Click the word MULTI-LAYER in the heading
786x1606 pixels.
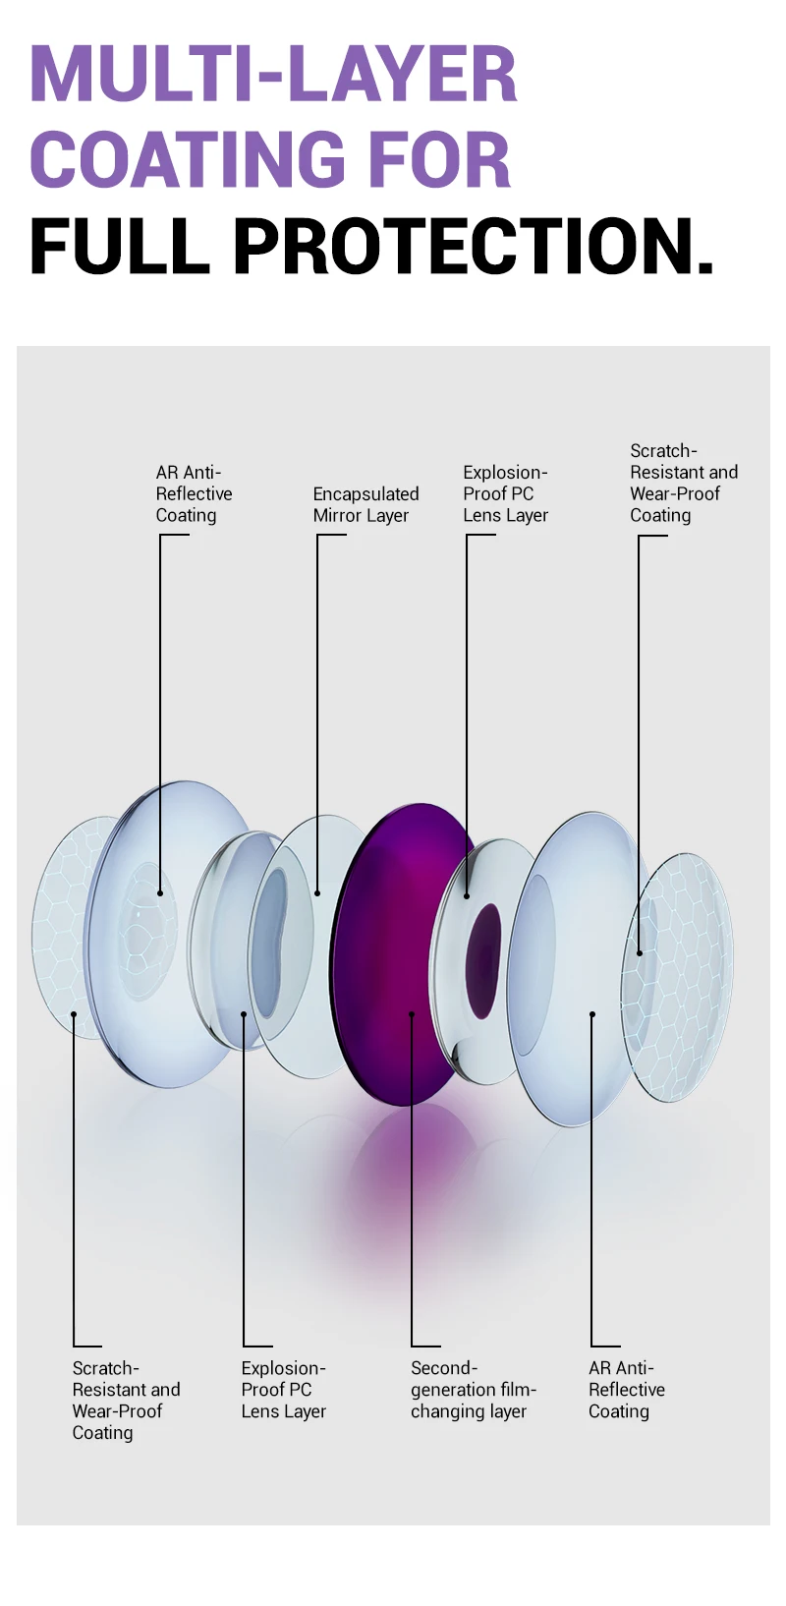(x=273, y=74)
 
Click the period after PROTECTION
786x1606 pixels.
(x=703, y=265)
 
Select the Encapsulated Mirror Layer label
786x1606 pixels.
(x=365, y=504)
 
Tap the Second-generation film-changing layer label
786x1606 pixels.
(x=473, y=1389)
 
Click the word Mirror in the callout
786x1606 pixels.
(x=337, y=515)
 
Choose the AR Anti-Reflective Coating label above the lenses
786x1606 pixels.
(x=194, y=493)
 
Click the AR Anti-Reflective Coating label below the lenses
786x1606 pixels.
(x=626, y=1389)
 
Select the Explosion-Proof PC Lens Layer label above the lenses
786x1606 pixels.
(x=505, y=493)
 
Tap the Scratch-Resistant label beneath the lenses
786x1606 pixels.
(x=126, y=1400)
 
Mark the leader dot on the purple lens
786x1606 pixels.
(x=412, y=1014)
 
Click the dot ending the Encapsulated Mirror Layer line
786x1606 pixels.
(x=317, y=893)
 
